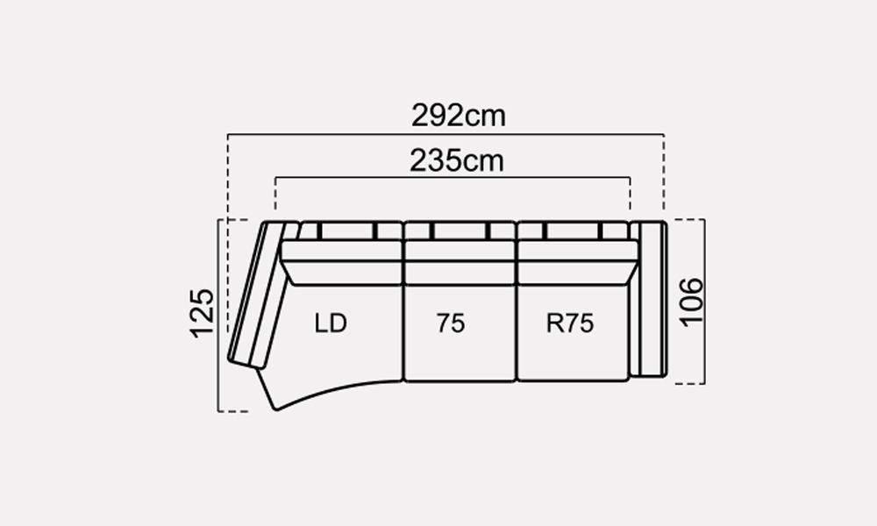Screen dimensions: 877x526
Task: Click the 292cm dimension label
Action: tap(458, 116)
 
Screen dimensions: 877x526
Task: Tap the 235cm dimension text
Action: tap(456, 160)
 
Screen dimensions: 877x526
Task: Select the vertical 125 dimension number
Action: tap(202, 313)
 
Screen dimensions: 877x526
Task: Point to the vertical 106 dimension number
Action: tap(691, 301)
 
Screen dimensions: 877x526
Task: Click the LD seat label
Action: tap(331, 323)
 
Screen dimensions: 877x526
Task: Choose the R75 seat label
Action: tap(569, 323)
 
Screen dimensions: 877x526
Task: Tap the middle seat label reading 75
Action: tap(451, 323)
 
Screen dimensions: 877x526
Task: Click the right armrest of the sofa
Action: tap(648, 299)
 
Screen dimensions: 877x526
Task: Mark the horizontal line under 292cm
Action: tap(446, 134)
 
